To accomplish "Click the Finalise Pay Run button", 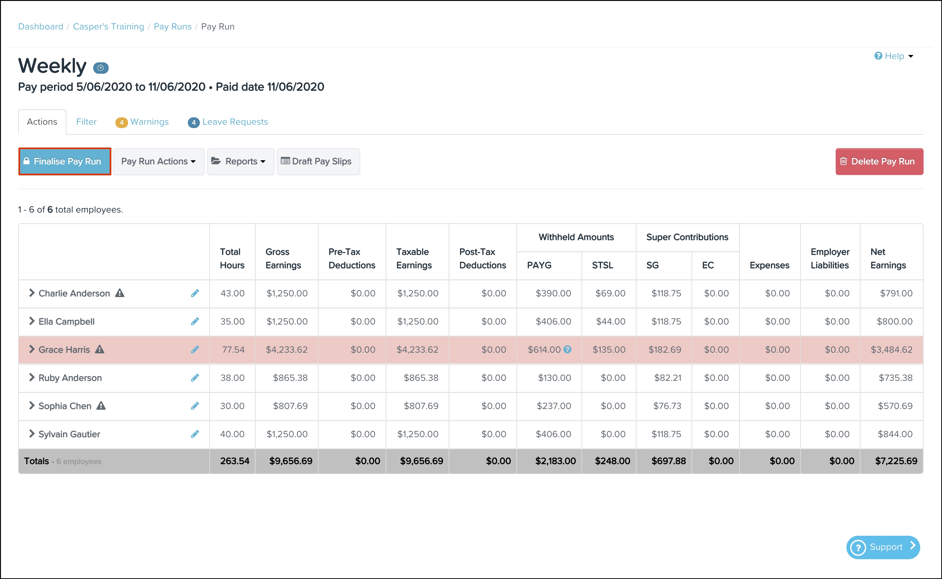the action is click(65, 161).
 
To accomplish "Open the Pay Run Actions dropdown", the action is click(159, 161).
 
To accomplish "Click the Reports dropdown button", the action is click(240, 161).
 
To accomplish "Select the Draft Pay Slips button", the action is click(318, 161).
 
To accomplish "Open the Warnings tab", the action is click(142, 122).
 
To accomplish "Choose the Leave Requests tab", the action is click(228, 122).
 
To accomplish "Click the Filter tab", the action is click(86, 122).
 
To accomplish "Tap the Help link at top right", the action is click(894, 56).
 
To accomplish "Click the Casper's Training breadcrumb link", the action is click(108, 26).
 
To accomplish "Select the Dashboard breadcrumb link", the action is click(41, 26).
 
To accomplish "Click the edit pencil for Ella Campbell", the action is click(195, 321).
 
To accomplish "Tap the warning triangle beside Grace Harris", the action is click(100, 349).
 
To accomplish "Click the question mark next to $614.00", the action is click(567, 349).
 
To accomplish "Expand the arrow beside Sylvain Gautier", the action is click(32, 433).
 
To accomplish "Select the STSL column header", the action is click(602, 265).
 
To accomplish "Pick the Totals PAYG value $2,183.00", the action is click(555, 461).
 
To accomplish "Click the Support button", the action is click(883, 547).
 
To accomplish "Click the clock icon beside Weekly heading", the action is click(101, 68).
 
